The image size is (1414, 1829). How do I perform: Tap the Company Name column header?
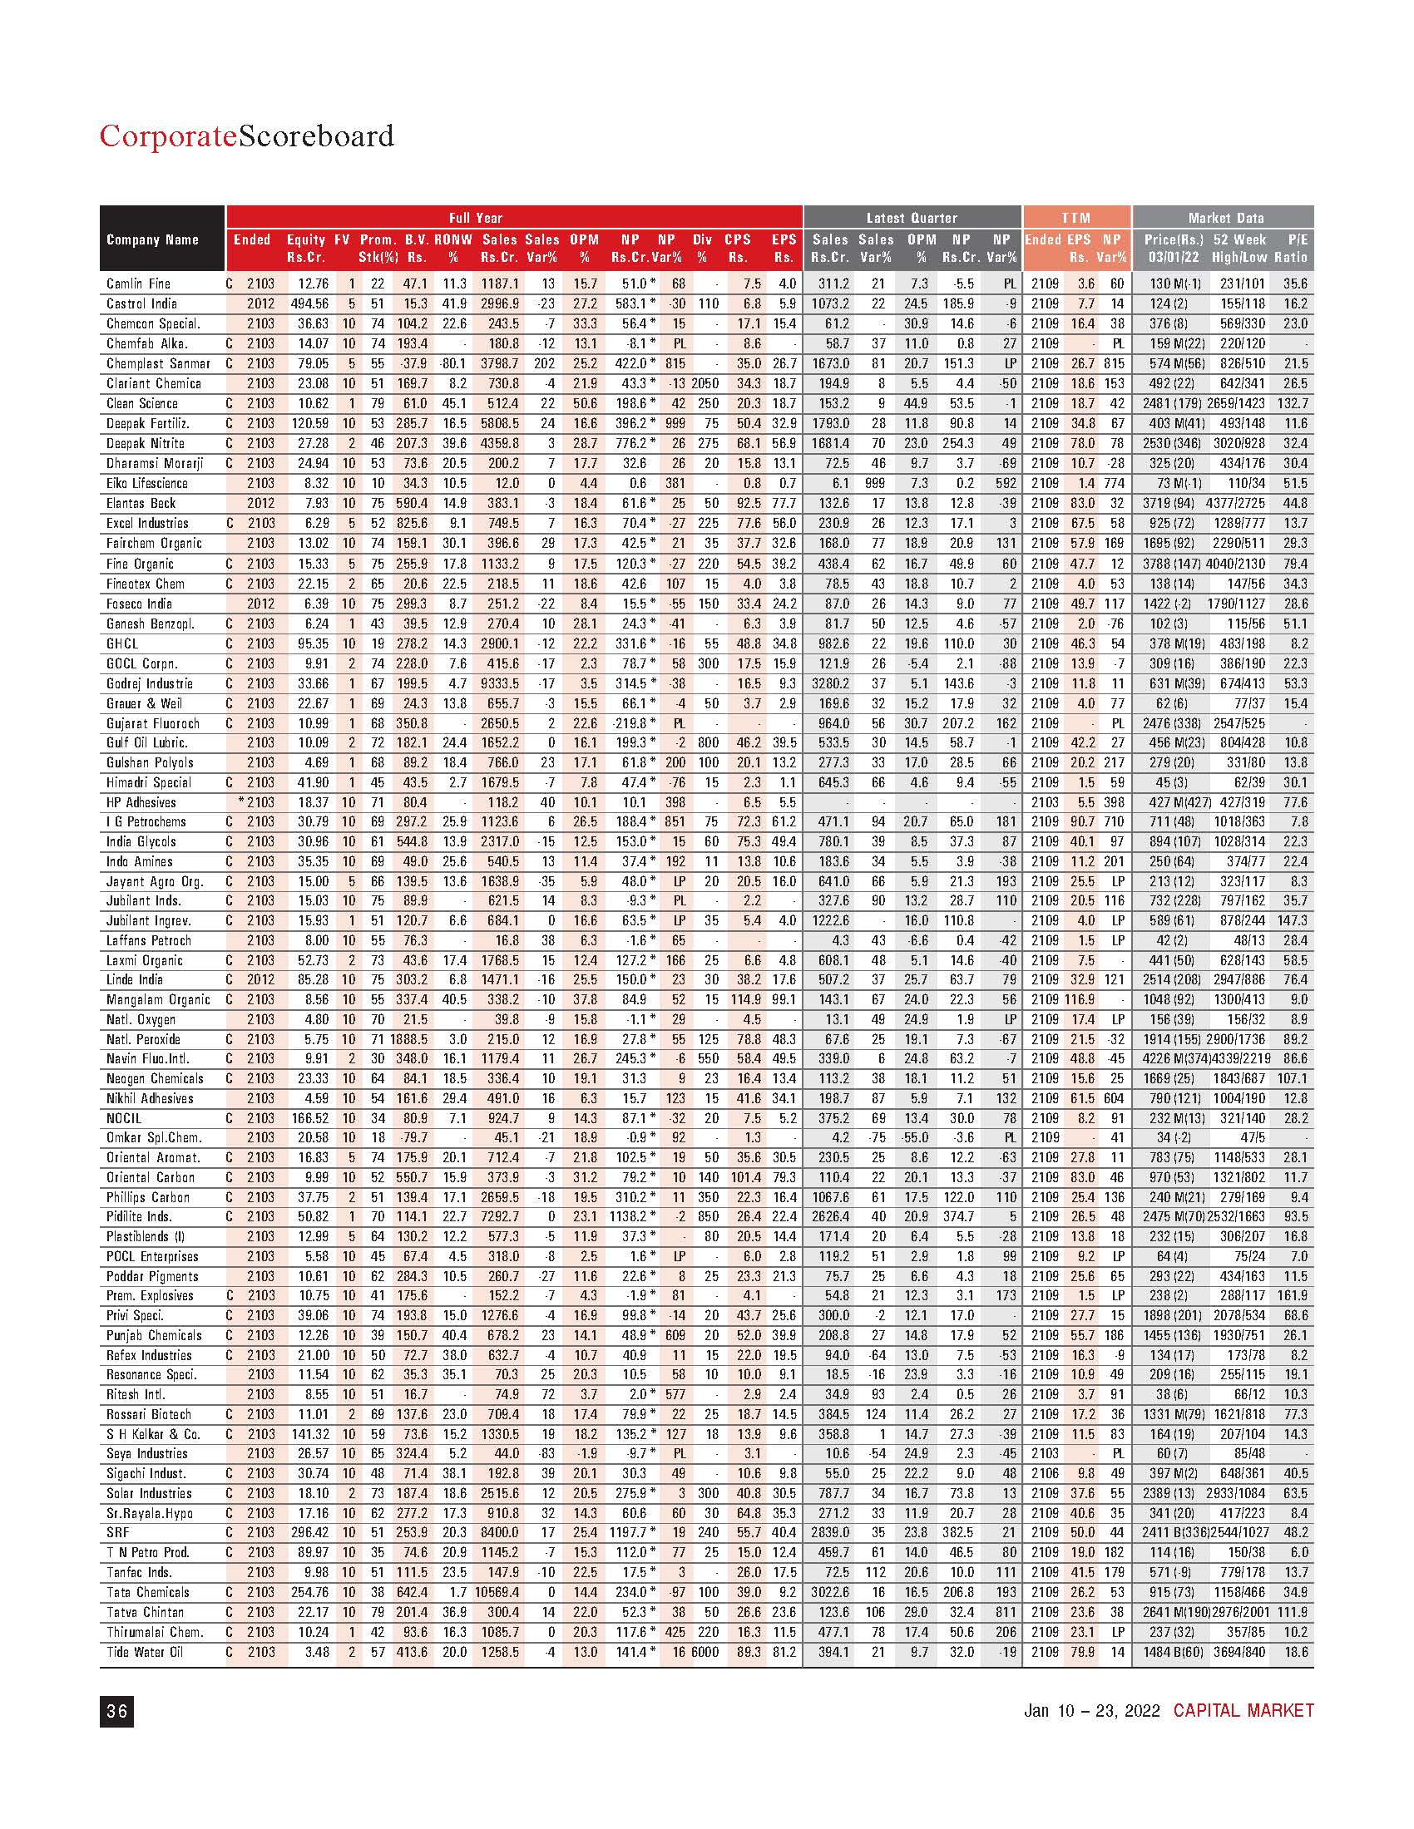(151, 239)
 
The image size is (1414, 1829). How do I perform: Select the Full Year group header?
(476, 218)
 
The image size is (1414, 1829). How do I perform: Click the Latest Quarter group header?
(912, 218)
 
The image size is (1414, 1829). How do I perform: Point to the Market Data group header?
(1225, 218)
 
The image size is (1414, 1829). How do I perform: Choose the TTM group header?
(1075, 218)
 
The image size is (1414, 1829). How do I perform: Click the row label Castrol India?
(141, 304)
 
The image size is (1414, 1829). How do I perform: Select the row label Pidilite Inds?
(139, 1216)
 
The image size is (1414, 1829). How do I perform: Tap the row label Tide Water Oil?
(144, 1651)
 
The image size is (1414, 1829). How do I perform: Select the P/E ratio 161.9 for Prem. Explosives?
(1291, 1295)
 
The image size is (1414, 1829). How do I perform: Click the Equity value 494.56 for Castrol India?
(305, 304)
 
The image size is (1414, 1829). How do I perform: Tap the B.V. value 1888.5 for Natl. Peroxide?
(408, 1038)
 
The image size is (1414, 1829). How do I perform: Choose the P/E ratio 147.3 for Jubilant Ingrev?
(1291, 920)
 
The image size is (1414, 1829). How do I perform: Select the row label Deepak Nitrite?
(145, 443)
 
